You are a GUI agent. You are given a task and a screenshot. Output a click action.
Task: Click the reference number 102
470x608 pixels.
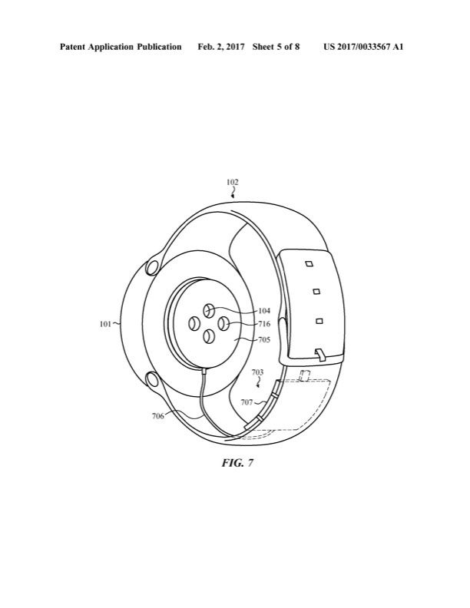click(233, 182)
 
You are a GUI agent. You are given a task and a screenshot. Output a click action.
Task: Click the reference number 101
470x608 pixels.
click(105, 324)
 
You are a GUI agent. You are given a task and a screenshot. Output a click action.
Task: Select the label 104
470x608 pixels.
click(264, 311)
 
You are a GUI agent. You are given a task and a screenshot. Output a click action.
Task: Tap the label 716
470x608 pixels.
click(264, 324)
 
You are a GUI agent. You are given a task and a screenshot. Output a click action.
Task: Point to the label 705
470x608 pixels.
click(264, 339)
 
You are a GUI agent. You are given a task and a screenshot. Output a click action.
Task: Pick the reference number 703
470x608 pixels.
click(257, 372)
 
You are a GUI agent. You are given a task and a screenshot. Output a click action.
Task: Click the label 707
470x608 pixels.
click(247, 402)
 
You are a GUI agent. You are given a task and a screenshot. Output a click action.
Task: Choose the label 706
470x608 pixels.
click(158, 417)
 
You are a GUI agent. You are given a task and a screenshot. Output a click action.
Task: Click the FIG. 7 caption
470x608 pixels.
click(237, 463)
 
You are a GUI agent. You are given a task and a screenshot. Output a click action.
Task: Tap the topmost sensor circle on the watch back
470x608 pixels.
click(210, 310)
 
